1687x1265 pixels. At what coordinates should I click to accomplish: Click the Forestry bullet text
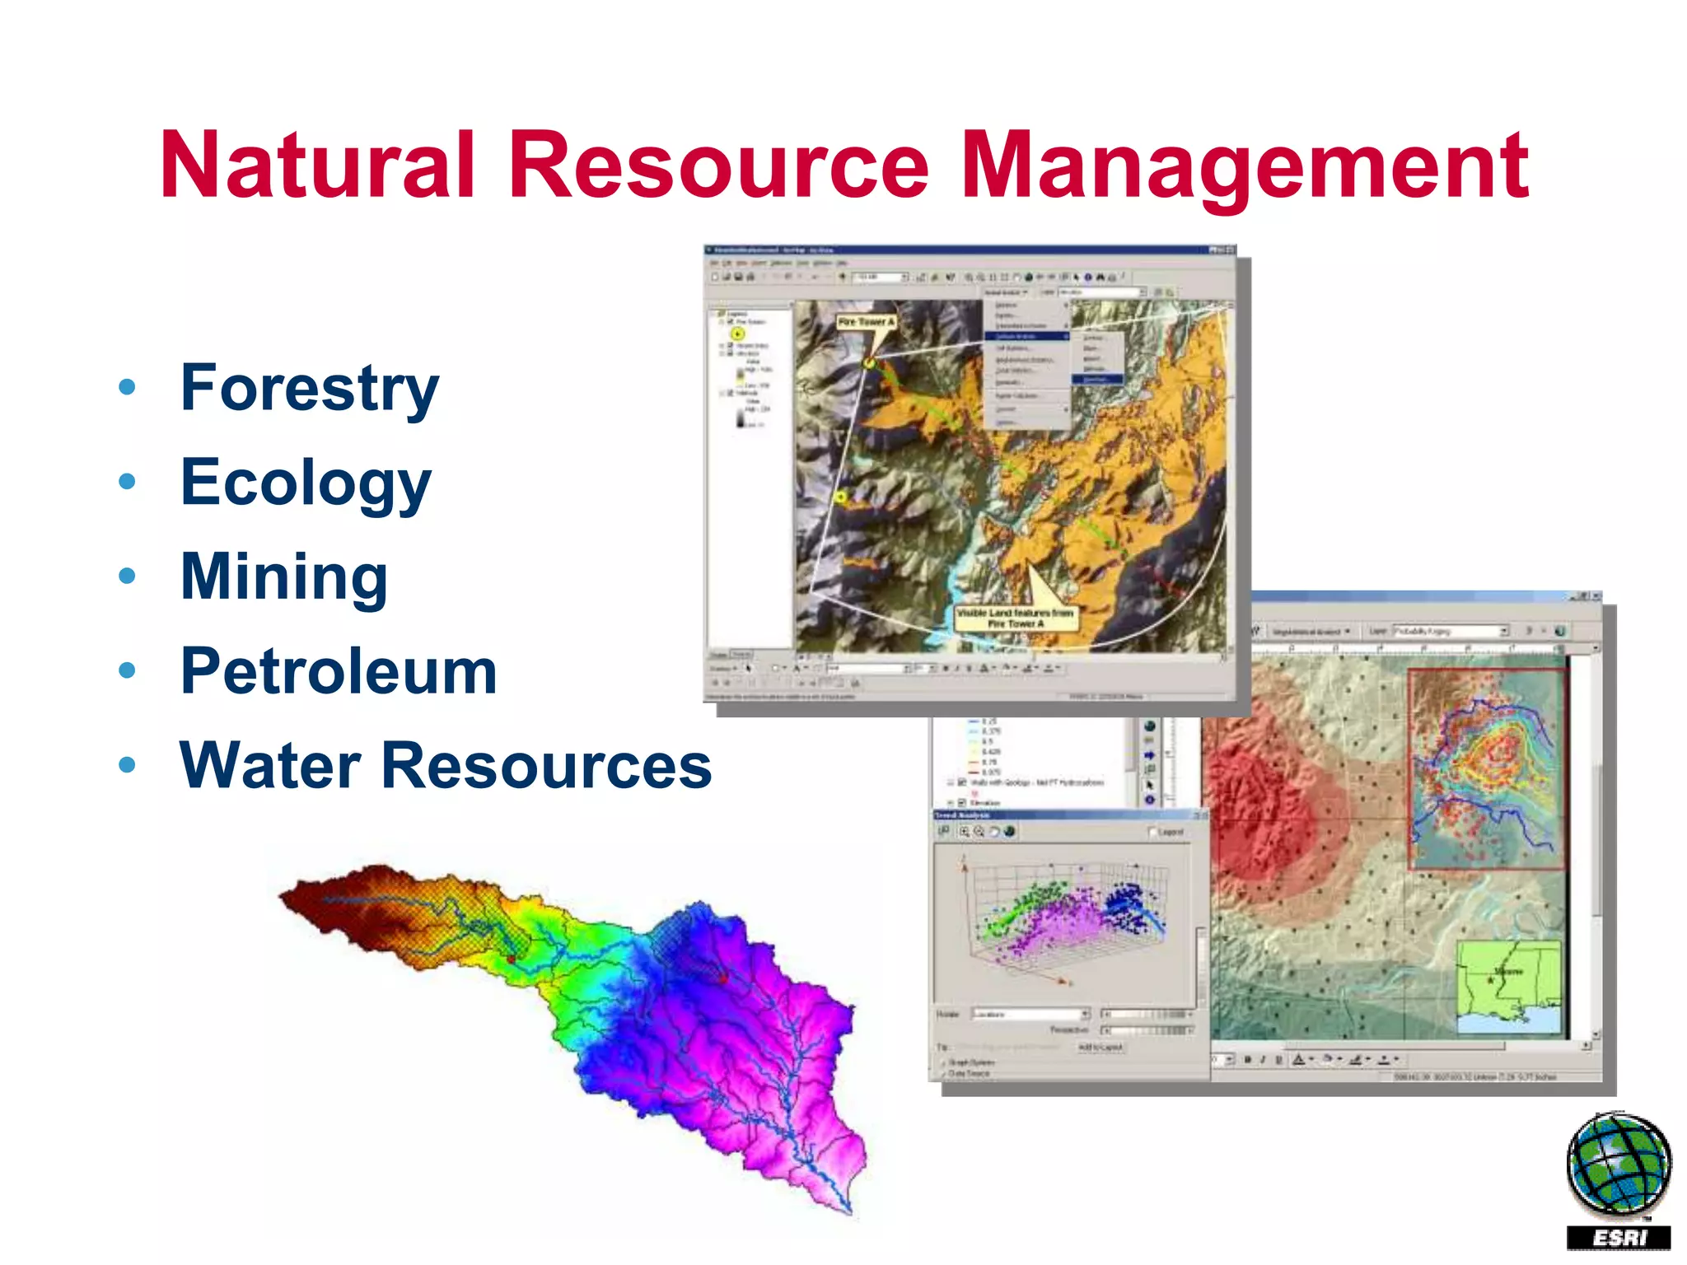pos(309,389)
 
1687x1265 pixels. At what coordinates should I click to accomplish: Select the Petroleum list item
pos(339,672)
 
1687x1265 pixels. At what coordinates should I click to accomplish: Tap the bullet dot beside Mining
pos(127,576)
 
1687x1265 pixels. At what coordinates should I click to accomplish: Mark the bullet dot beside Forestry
pos(127,386)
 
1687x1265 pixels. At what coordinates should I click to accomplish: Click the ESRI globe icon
pos(1618,1164)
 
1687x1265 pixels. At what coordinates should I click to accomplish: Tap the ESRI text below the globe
pos(1618,1238)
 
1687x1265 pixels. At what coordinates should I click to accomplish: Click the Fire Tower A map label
pos(865,322)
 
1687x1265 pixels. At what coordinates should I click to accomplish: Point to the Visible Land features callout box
pos(1016,618)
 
